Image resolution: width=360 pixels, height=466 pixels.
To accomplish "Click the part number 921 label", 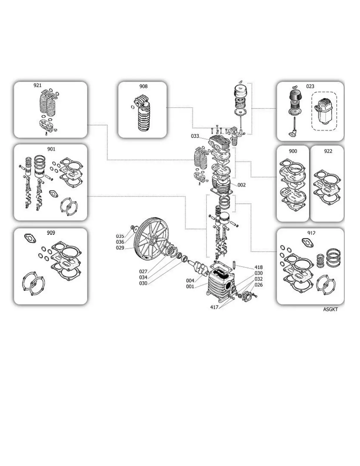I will click(x=38, y=85).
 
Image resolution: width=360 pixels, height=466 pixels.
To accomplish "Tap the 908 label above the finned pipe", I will click(x=143, y=86).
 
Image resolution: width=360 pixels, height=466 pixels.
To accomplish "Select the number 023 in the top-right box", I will click(x=310, y=86).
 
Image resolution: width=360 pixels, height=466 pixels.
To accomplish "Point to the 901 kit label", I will click(x=51, y=149).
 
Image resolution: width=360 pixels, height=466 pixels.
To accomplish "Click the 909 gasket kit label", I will click(x=51, y=233).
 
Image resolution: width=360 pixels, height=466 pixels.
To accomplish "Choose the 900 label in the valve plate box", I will click(x=293, y=151).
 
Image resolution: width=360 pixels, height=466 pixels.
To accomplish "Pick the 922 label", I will click(x=328, y=151).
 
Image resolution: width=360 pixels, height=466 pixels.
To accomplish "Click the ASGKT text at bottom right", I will click(x=330, y=309).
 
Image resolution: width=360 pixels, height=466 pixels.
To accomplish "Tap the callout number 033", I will click(x=195, y=136).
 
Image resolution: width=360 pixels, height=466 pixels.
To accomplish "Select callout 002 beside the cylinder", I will click(x=241, y=185).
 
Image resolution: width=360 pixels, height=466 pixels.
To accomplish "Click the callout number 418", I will click(x=259, y=267).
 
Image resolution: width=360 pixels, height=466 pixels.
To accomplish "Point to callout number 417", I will click(x=214, y=307).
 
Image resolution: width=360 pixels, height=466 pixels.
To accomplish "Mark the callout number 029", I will click(x=120, y=248).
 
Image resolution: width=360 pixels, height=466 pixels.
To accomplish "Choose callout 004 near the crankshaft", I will click(x=190, y=281).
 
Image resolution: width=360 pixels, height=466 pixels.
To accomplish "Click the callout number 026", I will click(x=259, y=285).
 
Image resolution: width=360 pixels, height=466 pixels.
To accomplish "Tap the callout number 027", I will click(x=143, y=272).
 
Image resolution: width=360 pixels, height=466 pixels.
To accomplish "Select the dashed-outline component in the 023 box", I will click(x=324, y=111).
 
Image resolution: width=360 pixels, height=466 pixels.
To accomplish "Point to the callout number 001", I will click(x=190, y=287).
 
